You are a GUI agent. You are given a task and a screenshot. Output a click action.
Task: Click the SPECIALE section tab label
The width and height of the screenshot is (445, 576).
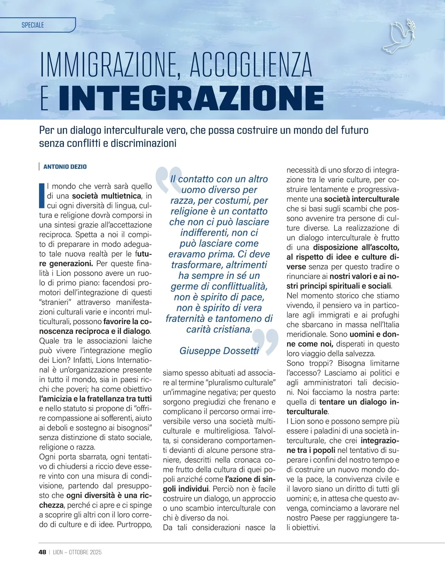click(33, 25)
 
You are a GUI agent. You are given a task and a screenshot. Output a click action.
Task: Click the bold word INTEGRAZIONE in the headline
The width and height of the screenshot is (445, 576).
click(191, 98)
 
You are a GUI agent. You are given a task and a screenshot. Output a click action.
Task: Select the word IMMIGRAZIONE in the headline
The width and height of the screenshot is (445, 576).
click(111, 66)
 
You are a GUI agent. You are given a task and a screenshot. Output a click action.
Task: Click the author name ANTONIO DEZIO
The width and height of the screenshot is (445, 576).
click(65, 167)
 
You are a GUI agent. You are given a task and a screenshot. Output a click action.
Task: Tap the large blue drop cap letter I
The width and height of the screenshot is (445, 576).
click(42, 195)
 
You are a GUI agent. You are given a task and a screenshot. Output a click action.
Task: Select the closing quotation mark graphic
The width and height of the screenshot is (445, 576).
click(266, 340)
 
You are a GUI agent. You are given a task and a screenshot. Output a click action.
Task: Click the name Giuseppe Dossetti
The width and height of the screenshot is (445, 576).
click(219, 351)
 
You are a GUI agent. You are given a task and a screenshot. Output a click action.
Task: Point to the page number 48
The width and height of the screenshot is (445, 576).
click(42, 552)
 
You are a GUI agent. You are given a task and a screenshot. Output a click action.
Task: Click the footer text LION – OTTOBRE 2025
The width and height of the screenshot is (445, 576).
click(77, 552)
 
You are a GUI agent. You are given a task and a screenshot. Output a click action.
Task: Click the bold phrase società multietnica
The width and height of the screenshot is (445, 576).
click(107, 196)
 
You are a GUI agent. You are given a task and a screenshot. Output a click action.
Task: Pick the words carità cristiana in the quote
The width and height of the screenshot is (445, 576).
click(219, 329)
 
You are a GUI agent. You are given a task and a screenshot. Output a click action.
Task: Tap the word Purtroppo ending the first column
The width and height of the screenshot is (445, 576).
click(134, 524)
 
